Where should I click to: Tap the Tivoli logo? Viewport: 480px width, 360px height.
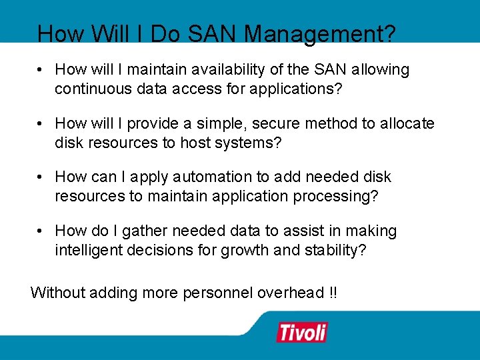coord(302,331)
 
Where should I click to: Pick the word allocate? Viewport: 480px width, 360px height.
coord(407,123)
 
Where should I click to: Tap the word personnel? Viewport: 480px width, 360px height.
coord(217,292)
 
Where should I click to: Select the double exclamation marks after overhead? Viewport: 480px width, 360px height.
coord(333,292)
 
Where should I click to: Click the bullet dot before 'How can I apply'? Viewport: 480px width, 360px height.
coord(41,177)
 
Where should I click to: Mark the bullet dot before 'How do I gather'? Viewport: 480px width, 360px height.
coord(41,231)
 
